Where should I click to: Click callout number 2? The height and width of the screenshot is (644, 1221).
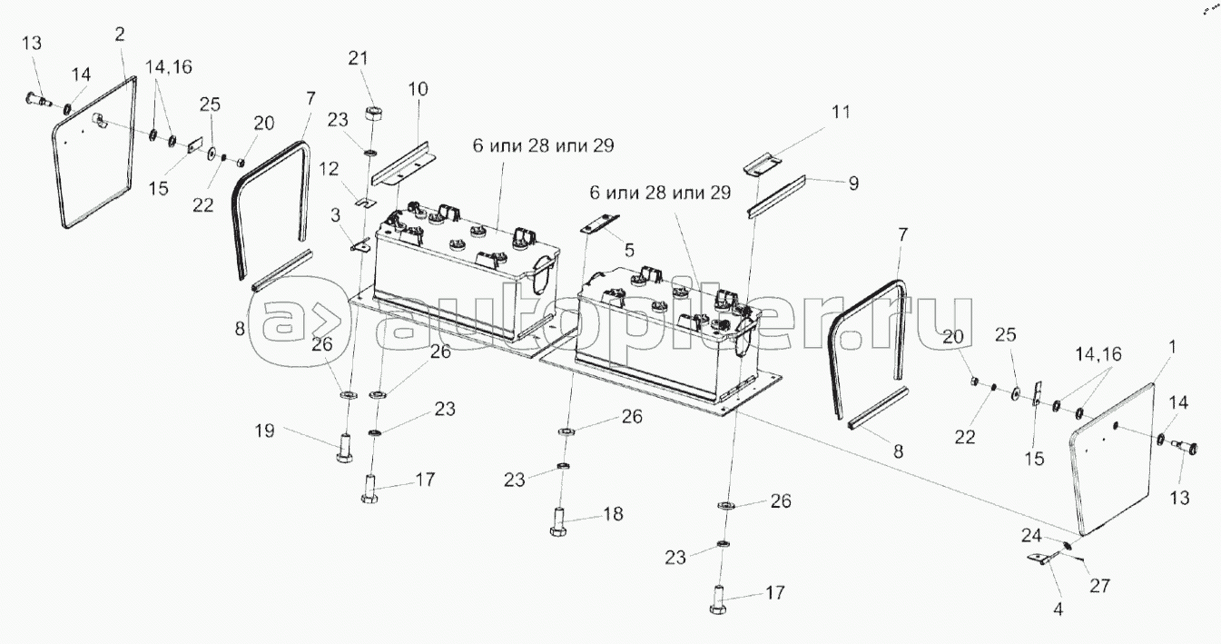coord(120,34)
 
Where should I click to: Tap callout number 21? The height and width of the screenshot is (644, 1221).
coord(358,58)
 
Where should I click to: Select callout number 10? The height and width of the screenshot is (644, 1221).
coord(418,89)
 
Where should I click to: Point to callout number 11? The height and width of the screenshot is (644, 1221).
coord(841,112)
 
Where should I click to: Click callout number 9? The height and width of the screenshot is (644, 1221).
coord(853,183)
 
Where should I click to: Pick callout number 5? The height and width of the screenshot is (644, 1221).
coord(630,251)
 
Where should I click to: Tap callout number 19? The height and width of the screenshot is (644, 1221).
coord(265,431)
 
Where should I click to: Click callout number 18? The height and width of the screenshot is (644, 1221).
coord(614,514)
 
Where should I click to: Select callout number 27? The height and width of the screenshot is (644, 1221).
coord(1100,586)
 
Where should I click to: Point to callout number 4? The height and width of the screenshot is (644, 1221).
coord(1058,609)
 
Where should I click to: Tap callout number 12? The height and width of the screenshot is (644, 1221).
coord(329,169)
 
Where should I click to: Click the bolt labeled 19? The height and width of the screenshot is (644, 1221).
coord(344,447)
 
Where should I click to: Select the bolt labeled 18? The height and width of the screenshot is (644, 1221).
coord(558,521)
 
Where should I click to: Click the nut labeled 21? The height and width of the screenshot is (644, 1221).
coord(373,116)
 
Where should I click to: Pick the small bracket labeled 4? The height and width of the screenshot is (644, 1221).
coord(1043,559)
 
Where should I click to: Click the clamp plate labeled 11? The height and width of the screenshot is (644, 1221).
coord(763,163)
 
